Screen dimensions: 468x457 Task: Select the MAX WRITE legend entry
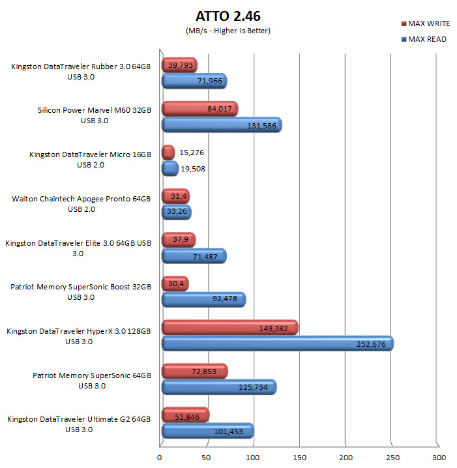pos(424,23)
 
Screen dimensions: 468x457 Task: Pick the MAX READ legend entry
pos(424,39)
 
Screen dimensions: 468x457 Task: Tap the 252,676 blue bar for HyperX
pos(277,343)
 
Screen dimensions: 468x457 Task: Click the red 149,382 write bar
pos(229,327)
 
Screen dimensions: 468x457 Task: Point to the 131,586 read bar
pos(221,124)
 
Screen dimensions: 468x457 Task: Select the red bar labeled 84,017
pos(199,108)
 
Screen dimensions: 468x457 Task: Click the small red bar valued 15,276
pos(168,153)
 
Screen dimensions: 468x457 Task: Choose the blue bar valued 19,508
pos(170,168)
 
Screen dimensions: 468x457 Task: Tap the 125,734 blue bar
pos(218,387)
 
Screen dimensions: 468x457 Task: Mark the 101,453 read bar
pos(207,431)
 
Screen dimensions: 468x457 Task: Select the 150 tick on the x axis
pos(299,458)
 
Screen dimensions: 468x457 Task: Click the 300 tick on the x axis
pos(439,458)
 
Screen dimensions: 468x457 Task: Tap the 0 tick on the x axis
pos(160,458)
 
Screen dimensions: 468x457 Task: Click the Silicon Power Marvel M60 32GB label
pos(95,111)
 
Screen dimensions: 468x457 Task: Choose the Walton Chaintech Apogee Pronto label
pos(81,199)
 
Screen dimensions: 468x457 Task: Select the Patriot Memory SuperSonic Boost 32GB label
pos(81,287)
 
